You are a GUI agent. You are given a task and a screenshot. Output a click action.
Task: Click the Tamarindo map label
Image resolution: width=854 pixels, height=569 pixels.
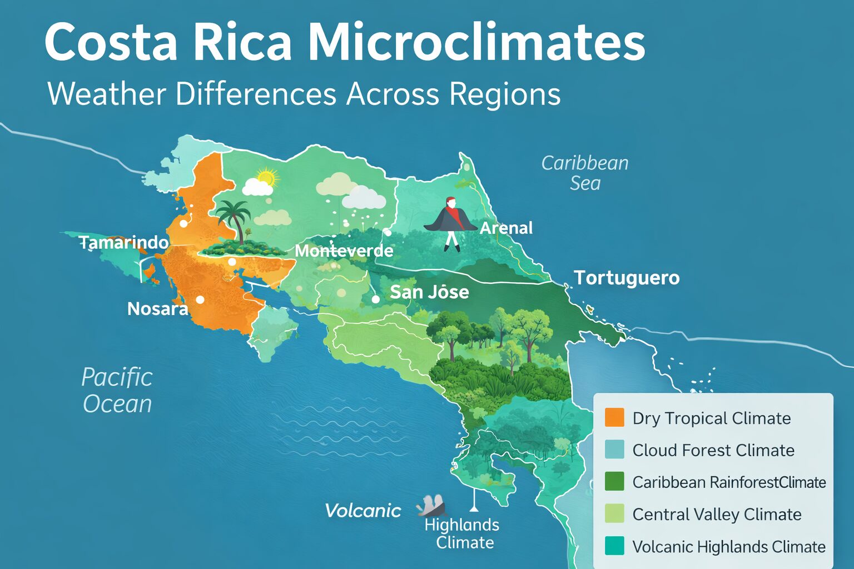tap(123, 242)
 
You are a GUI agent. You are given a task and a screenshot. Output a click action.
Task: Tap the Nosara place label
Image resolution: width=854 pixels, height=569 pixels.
tap(157, 308)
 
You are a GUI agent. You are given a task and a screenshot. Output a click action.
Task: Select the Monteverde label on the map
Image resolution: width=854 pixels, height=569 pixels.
tap(344, 251)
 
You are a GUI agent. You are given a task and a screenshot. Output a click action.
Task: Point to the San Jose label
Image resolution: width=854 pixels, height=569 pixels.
tap(429, 292)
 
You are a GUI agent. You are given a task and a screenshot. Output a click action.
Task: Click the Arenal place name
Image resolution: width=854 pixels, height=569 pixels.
tap(506, 228)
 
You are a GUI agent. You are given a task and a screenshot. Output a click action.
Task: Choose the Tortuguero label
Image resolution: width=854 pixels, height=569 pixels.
tap(627, 278)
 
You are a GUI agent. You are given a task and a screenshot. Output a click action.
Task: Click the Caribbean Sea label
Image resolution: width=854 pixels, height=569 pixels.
tap(585, 173)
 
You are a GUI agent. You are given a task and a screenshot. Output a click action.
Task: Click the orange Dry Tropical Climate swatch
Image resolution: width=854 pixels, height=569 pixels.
tap(614, 417)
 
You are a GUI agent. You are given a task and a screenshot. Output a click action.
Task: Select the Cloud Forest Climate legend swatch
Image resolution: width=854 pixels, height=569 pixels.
tap(614, 450)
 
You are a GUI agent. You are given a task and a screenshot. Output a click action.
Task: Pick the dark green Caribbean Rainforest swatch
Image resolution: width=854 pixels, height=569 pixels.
tap(614, 481)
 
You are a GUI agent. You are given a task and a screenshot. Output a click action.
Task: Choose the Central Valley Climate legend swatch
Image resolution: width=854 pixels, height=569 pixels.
tap(614, 513)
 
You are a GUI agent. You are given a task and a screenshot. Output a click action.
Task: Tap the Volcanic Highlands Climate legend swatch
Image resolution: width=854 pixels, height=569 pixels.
tap(614, 546)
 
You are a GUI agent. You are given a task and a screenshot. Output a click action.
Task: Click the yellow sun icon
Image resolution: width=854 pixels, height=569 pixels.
tap(266, 177)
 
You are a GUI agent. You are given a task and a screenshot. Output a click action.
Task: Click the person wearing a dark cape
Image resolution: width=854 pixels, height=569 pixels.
tap(451, 222)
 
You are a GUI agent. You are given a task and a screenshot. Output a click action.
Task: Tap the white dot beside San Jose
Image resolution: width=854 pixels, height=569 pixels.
tap(376, 299)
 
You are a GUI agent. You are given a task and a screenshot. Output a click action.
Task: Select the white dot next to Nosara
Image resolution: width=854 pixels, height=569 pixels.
tap(200, 300)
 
